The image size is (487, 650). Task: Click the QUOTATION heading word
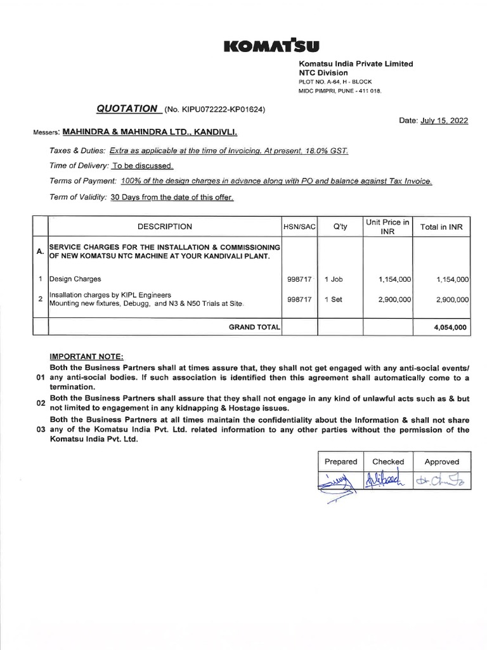click(127, 109)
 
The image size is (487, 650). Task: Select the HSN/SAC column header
click(300, 227)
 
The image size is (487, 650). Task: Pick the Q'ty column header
click(340, 227)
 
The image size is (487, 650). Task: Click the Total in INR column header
click(441, 227)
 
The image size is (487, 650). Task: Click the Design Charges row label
click(75, 279)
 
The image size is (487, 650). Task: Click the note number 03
click(42, 430)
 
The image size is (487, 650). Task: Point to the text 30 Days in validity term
click(129, 197)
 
